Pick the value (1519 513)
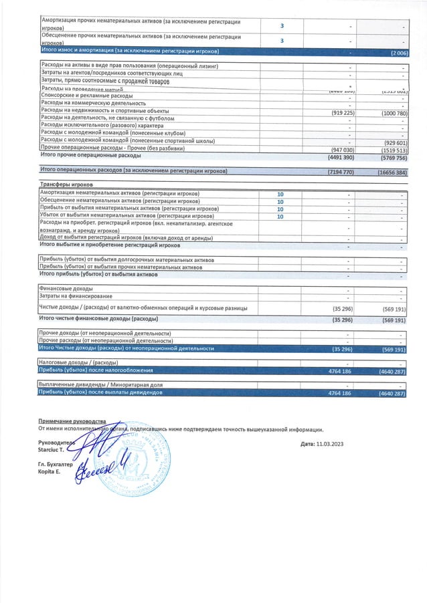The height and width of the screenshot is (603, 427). click(x=392, y=150)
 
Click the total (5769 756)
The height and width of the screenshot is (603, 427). click(x=392, y=158)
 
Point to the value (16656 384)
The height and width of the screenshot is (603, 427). click(x=391, y=172)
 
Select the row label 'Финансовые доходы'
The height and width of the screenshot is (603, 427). click(x=67, y=289)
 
